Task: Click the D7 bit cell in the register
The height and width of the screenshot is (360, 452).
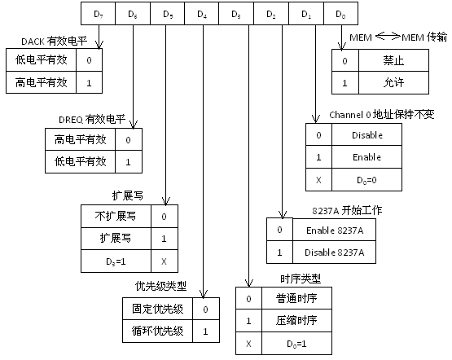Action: pyautogui.click(x=99, y=14)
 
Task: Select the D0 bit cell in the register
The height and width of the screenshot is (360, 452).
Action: pyautogui.click(x=340, y=14)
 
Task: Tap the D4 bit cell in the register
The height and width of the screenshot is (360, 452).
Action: pyautogui.click(x=203, y=14)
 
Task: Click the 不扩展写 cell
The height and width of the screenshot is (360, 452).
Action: pyautogui.click(x=114, y=217)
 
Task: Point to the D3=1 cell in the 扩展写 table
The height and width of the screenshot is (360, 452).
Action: pyautogui.click(x=114, y=262)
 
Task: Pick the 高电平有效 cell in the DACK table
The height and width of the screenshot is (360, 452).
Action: pyautogui.click(x=42, y=82)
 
